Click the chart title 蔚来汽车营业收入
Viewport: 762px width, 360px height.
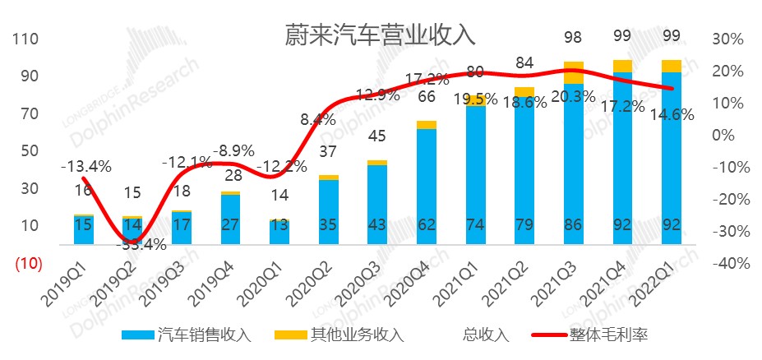pos(380,35)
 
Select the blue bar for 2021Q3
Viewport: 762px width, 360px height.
pos(574,164)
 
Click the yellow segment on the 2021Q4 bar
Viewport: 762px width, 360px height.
pos(623,66)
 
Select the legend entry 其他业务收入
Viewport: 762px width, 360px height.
pos(339,335)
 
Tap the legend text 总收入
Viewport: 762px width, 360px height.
pos(486,335)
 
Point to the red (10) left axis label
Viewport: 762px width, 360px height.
pos(25,263)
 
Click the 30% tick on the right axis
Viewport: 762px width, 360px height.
pos(727,39)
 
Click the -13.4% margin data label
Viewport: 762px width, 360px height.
pos(85,167)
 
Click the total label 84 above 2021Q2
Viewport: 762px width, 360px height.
pos(525,62)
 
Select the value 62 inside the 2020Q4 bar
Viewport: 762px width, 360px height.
pos(427,225)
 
